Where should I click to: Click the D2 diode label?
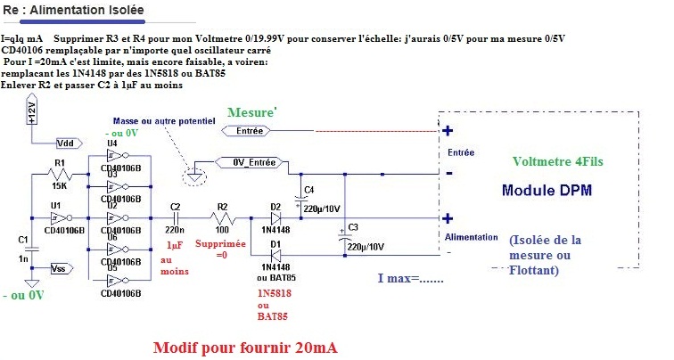[275, 206]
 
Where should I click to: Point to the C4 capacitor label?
[309, 188]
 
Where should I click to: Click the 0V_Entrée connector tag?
[252, 163]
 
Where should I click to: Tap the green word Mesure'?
[252, 112]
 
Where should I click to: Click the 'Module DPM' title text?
[545, 191]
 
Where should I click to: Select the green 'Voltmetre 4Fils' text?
[563, 161]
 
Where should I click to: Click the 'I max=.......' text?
[412, 279]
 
